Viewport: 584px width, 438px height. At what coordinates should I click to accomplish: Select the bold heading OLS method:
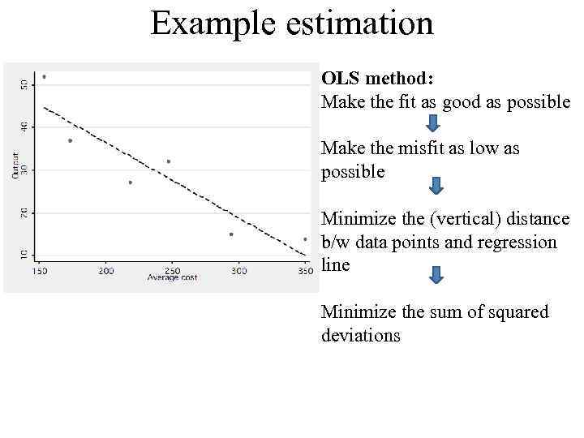377,79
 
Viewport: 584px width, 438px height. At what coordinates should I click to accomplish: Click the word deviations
361,336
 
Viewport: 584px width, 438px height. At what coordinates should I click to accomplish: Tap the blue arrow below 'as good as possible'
436,122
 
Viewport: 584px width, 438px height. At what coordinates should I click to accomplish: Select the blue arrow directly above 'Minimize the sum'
436,276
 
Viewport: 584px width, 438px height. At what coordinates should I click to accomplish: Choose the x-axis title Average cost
172,278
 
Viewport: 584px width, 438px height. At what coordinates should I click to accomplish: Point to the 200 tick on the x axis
106,271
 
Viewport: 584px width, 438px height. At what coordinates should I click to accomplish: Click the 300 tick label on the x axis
238,271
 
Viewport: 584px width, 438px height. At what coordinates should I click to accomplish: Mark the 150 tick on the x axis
40,271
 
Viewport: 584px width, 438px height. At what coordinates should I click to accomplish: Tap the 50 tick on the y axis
24,83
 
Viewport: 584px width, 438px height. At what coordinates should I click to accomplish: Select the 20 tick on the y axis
24,212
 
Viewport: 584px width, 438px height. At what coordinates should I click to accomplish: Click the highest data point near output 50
44,77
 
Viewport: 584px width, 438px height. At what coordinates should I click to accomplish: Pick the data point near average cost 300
231,234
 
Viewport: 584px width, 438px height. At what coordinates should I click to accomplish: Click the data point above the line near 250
169,161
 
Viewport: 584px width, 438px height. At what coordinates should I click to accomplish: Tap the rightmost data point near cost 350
305,239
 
